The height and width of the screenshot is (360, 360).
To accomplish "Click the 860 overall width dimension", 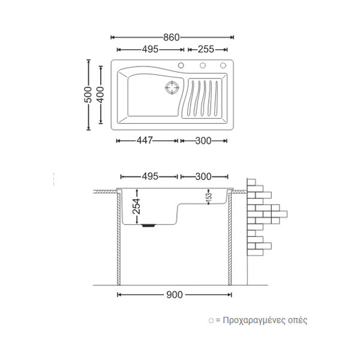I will tap(172, 37).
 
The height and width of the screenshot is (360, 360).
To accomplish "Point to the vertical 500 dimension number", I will tap(88, 94).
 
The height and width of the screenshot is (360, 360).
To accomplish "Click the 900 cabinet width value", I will tap(175, 295).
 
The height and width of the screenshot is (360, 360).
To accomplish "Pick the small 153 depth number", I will tap(209, 197).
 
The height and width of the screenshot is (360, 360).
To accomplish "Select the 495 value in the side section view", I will tap(149, 176).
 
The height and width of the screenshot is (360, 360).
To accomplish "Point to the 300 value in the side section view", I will tap(204, 176).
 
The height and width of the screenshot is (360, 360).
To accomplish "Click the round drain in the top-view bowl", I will tap(173, 88).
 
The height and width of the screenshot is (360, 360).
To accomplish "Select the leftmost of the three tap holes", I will tap(181, 65).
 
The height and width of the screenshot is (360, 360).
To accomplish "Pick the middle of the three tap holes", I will tap(202, 65).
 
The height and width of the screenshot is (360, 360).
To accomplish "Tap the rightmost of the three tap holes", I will tap(223, 65).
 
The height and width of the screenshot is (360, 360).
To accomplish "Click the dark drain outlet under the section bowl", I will tap(149, 226).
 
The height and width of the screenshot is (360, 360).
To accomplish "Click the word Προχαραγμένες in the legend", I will tap(257, 320).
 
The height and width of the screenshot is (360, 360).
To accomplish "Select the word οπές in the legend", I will tap(298, 320).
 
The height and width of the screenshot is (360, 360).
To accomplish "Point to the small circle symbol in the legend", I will tap(210, 321).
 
